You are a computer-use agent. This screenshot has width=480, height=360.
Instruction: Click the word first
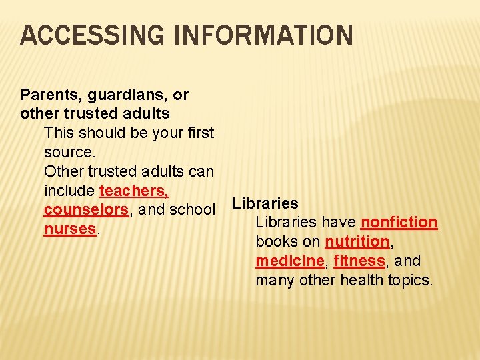point(199,133)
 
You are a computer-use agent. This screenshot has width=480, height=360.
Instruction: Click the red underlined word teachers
point(133,191)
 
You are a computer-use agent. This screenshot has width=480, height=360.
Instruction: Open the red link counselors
point(86,210)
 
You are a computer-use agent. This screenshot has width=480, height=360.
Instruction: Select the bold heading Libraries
point(265,203)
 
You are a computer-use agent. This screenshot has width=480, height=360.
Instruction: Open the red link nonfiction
point(399,222)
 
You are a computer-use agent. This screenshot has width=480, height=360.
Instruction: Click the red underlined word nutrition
point(357,241)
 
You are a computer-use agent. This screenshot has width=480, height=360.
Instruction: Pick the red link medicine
point(289,261)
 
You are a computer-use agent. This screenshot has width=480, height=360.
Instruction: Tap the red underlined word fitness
point(359,261)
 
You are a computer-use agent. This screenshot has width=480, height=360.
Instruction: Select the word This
point(61,133)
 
